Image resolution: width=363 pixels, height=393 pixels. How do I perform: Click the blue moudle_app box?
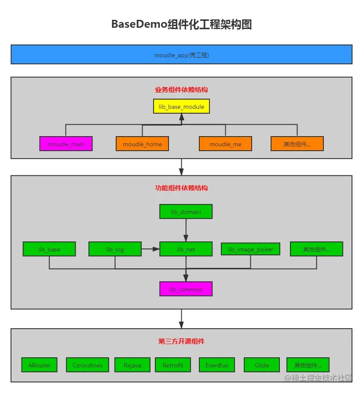[181, 55]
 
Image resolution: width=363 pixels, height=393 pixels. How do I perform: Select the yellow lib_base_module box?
[181, 106]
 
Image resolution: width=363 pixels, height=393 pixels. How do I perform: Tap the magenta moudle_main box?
[66, 144]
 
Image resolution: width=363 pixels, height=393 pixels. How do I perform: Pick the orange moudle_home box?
[142, 144]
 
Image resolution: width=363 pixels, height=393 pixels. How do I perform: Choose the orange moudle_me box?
[225, 144]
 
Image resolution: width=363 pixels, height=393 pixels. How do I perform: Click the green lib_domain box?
[186, 211]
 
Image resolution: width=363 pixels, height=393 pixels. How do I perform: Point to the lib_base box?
[49, 249]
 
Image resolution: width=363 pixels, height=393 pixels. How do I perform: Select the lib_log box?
[115, 249]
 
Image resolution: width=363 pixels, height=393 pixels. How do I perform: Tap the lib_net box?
[186, 249]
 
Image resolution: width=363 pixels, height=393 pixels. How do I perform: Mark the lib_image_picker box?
[250, 249]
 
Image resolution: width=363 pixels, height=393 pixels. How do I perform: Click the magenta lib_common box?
[186, 289]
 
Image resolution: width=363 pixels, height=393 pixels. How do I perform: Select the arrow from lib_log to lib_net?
[150, 249]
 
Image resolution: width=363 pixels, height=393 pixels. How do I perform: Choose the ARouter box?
[39, 365]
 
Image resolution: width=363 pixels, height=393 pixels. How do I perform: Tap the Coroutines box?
[87, 365]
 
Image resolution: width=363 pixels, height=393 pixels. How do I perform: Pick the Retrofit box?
[172, 365]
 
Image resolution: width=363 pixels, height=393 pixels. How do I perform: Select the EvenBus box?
[217, 365]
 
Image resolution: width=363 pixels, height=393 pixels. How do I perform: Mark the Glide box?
[262, 365]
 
